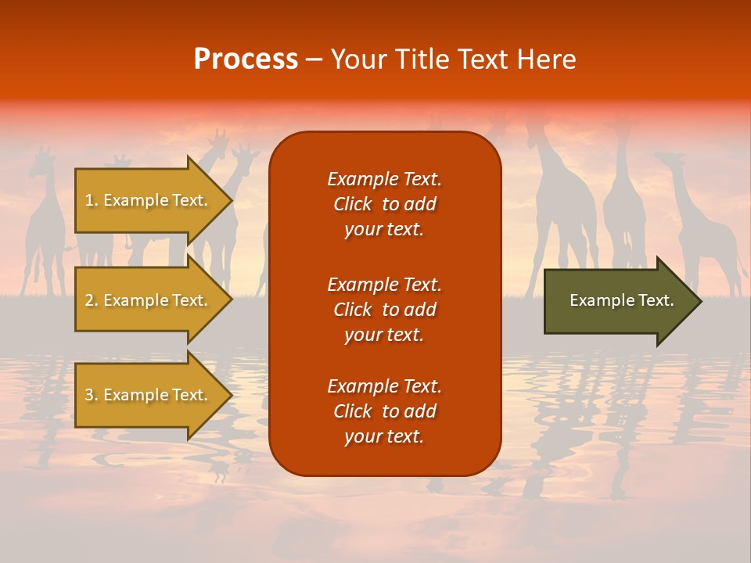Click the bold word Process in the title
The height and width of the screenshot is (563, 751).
pos(246,59)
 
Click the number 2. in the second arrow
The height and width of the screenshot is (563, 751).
pos(92,300)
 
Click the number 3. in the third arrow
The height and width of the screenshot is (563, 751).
pos(92,395)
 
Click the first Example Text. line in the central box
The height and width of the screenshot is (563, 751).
pos(384,179)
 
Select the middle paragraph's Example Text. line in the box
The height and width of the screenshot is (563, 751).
pos(384,284)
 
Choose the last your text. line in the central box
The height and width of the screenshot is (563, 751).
pos(384,436)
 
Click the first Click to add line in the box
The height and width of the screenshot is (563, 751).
pos(384,204)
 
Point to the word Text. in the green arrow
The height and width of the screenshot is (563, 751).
pos(656,300)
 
